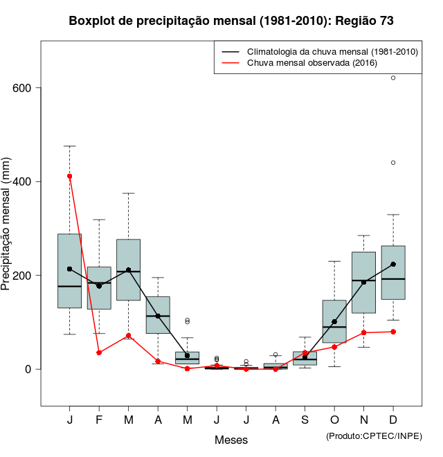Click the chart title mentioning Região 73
(x=231, y=21)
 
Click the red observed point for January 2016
(x=70, y=176)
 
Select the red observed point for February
(x=99, y=352)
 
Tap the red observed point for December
(x=393, y=332)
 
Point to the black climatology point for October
(x=334, y=322)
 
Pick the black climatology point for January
(x=70, y=269)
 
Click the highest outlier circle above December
(x=393, y=78)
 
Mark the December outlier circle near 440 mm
(x=393, y=163)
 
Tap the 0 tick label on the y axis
(x=29, y=369)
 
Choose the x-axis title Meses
(x=231, y=440)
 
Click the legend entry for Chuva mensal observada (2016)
(x=311, y=63)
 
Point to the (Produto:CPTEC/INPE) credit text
(x=374, y=436)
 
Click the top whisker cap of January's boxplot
(x=70, y=146)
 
